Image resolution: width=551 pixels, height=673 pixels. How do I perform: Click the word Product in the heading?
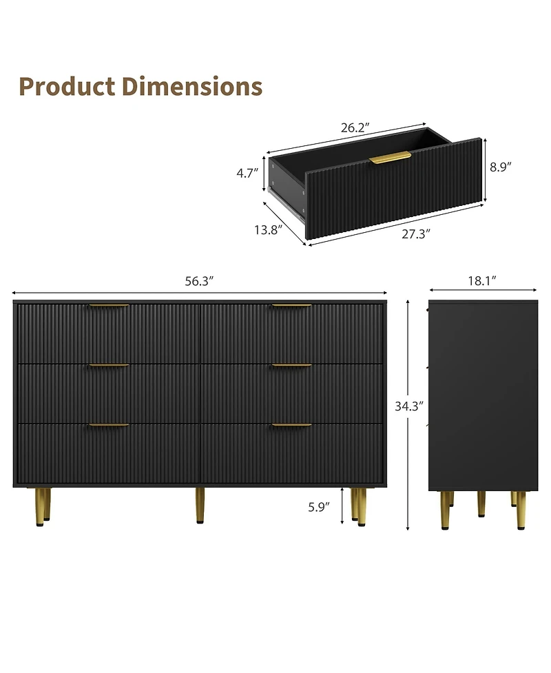click(x=67, y=87)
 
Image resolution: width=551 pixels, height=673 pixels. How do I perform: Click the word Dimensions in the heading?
click(x=192, y=87)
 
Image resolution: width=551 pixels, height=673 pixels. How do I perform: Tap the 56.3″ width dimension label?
click(x=200, y=280)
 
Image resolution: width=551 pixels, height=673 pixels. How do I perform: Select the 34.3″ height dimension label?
click(x=408, y=406)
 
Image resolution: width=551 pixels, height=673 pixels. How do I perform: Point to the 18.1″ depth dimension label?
click(x=482, y=280)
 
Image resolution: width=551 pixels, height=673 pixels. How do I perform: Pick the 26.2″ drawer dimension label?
click(x=355, y=127)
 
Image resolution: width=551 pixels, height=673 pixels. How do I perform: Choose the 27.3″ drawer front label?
click(x=416, y=234)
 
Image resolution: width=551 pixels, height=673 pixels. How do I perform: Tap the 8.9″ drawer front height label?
click(x=500, y=166)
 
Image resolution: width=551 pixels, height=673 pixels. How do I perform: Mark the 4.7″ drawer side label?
click(x=247, y=173)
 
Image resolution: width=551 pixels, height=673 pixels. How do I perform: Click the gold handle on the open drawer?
click(x=390, y=158)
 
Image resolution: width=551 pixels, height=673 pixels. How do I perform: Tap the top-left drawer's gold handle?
click(x=109, y=306)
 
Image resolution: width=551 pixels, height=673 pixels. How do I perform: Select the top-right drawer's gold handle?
click(x=291, y=306)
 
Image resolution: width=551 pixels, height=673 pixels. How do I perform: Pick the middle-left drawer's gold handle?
click(x=109, y=366)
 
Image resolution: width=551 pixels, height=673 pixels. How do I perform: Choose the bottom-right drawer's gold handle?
click(x=291, y=425)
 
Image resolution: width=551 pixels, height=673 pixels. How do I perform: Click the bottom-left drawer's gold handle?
click(x=109, y=425)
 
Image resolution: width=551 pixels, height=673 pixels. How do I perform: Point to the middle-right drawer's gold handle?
click(x=291, y=366)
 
